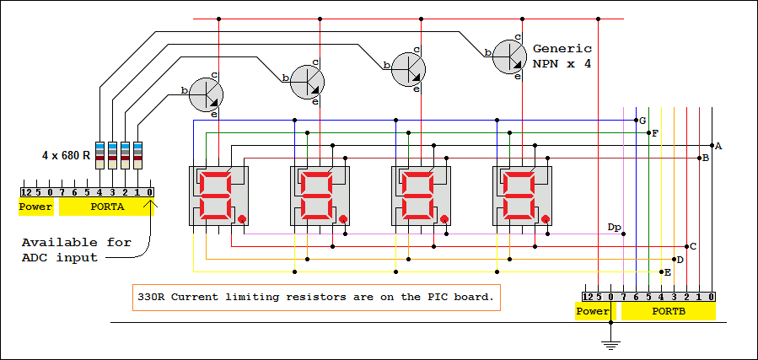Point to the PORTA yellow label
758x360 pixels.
(107, 207)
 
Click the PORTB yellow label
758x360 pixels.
(668, 312)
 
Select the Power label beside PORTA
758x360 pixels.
(36, 207)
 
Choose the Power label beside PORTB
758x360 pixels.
(593, 312)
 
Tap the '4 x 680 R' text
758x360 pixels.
(66, 156)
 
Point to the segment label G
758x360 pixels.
(642, 121)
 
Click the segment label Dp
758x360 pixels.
(614, 227)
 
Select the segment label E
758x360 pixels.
(668, 272)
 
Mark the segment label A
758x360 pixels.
(718, 146)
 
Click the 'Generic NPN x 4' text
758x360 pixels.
(562, 56)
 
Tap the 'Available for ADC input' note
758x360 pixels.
(76, 250)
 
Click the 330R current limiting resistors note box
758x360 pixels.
(315, 297)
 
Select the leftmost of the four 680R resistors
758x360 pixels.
(99, 152)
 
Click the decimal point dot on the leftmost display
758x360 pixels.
(242, 219)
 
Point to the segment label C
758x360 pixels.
(693, 246)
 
